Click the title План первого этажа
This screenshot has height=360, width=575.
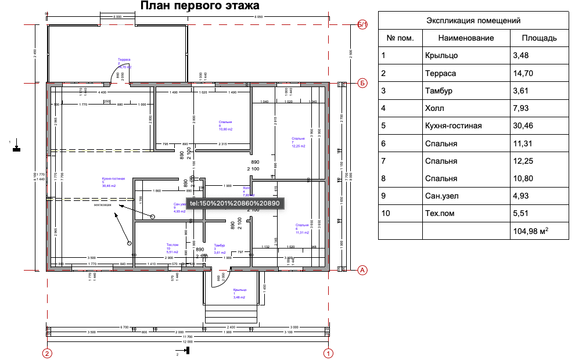point(199,6)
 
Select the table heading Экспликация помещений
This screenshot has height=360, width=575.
point(473,20)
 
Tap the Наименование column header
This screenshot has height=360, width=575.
point(466,38)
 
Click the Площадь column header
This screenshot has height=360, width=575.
point(539,38)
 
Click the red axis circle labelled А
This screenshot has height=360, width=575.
point(362,270)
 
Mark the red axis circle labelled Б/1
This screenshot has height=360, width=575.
point(362,25)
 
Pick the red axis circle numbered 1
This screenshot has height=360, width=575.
point(328,352)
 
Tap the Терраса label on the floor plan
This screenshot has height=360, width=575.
point(124,60)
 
